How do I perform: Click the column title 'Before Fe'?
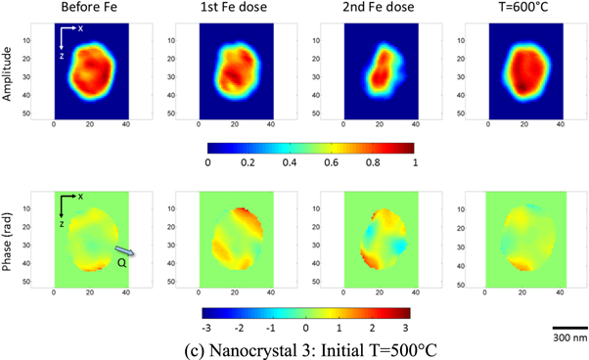click(91, 9)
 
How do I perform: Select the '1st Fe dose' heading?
click(236, 9)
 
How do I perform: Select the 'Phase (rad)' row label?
click(9, 240)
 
